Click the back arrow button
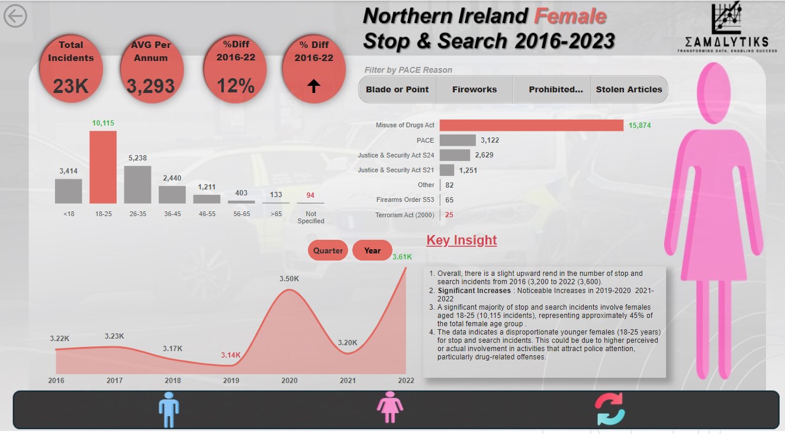[x=15, y=16]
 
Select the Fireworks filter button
[x=474, y=89]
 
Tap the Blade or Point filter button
[x=397, y=89]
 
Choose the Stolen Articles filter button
[x=629, y=89]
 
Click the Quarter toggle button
[x=328, y=250]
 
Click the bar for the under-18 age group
[x=69, y=191]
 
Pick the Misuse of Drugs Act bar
[x=531, y=125]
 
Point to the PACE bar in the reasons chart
[x=458, y=140]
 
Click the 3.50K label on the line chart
[x=289, y=278]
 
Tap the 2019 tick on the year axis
[x=231, y=381]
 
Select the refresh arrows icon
[x=610, y=409]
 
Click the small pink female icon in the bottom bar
[x=390, y=409]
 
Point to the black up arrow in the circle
[x=314, y=86]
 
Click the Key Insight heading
[x=462, y=240]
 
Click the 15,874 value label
[x=640, y=125]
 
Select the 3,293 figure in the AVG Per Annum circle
[x=151, y=86]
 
